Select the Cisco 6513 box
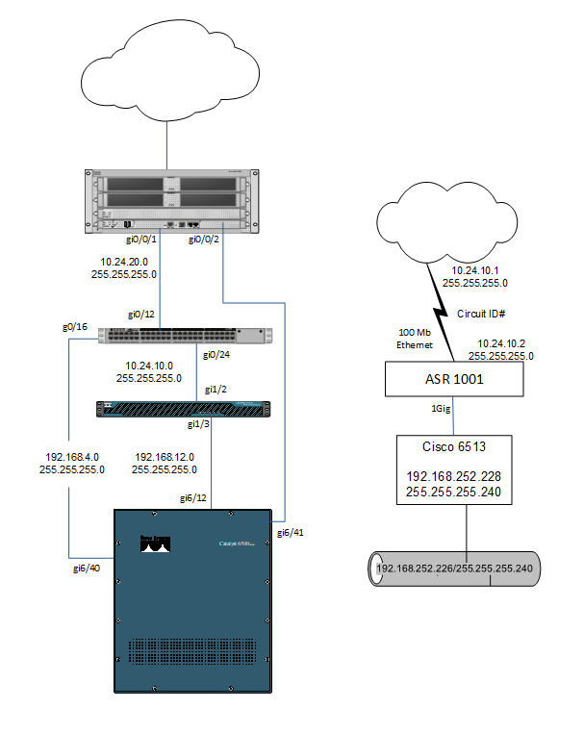tap(454, 469)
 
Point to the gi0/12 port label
tap(143, 315)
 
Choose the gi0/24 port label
tap(216, 354)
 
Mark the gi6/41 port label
tap(292, 532)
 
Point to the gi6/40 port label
tap(88, 569)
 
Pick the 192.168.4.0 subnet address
tap(72, 457)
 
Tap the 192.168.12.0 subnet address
tap(165, 457)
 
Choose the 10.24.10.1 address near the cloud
tap(475, 271)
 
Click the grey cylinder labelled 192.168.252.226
tap(455, 569)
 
